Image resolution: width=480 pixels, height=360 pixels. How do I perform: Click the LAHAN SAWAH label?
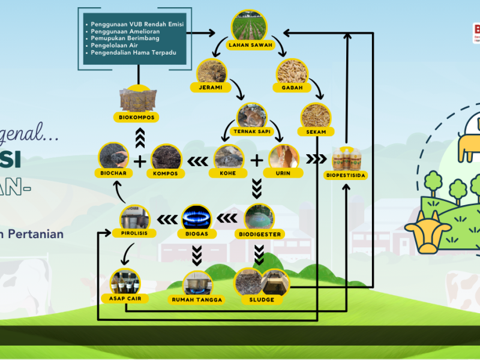tap(248, 44)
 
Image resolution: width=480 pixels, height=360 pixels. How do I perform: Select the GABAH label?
tap(292, 88)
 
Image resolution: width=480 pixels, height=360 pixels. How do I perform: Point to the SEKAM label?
tap(316, 131)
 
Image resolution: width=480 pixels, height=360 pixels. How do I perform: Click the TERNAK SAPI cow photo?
tap(252, 115)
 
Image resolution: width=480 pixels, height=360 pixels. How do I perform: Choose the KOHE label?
tap(226, 173)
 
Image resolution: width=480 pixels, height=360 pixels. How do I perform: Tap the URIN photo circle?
tap(284, 157)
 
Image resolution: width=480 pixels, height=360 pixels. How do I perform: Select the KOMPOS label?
tap(166, 173)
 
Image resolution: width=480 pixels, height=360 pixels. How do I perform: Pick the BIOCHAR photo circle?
tap(114, 157)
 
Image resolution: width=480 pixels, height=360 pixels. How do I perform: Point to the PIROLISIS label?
tap(134, 233)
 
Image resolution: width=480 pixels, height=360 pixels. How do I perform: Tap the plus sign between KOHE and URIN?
tap(256, 161)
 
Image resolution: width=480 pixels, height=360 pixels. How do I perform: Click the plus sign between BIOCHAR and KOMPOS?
tap(140, 161)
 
